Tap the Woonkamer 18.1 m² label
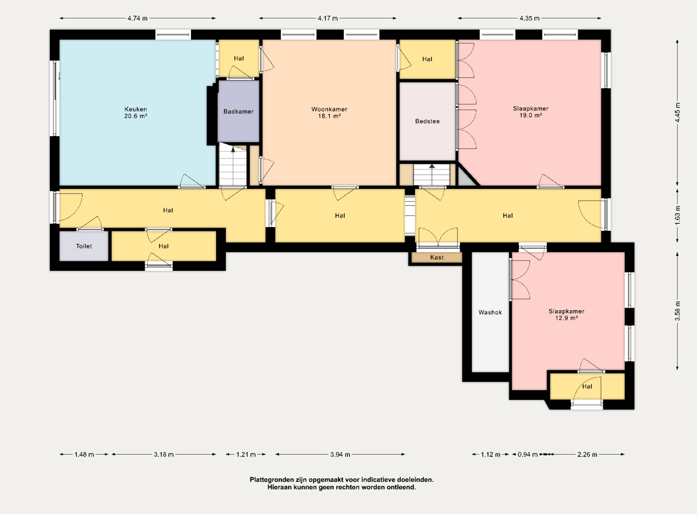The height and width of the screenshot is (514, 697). tap(329, 112)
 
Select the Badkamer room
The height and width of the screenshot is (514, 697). tap(238, 112)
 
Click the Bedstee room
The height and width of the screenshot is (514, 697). tap(427, 121)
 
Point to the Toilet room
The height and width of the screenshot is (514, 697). tap(84, 246)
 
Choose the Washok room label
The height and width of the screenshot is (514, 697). tap(490, 312)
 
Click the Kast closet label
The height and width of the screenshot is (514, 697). tap(437, 257)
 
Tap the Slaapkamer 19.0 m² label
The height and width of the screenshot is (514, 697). tap(530, 112)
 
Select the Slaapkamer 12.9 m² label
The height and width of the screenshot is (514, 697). tap(567, 315)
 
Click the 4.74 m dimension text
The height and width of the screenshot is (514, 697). tap(137, 18)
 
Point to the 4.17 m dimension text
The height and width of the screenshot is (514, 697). tap(328, 18)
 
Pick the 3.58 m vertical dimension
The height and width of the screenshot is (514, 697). tap(678, 311)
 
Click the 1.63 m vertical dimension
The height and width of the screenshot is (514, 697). tap(678, 215)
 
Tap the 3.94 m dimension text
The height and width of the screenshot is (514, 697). tap(340, 455)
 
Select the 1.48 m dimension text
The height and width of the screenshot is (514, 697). tap(84, 455)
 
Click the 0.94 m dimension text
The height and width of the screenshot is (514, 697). tap(528, 455)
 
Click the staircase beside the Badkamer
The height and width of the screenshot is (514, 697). tap(233, 164)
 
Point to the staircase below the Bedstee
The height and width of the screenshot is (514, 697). tap(432, 175)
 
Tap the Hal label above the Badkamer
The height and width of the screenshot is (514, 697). tap(239, 58)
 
